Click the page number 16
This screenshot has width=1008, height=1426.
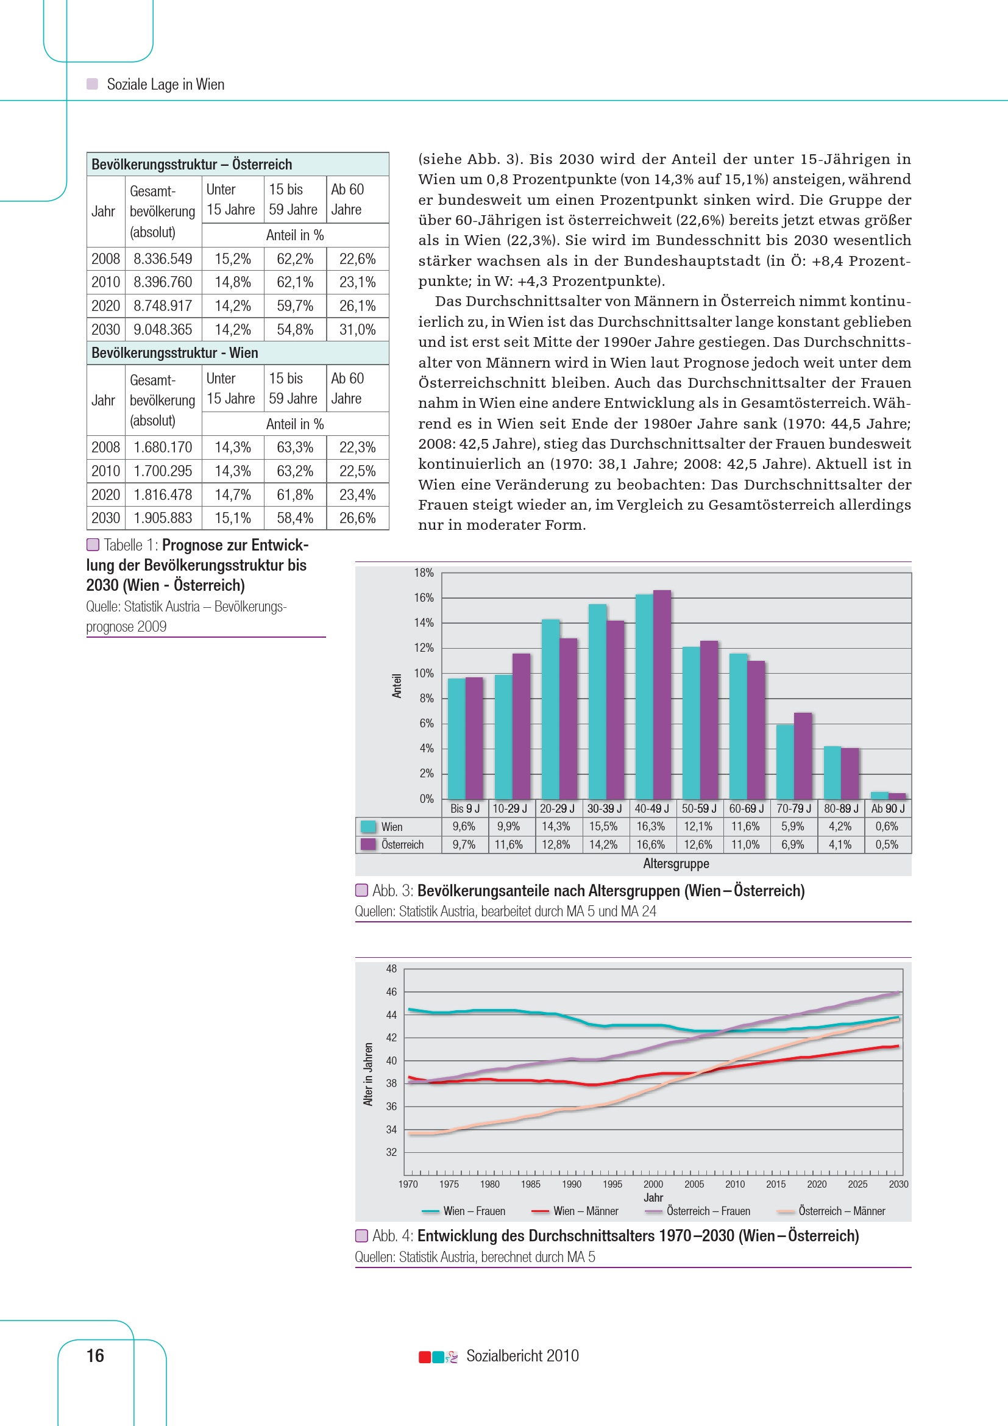pyautogui.click(x=95, y=1355)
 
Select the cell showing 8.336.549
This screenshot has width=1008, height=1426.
pyautogui.click(x=163, y=259)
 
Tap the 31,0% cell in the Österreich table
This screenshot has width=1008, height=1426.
pyautogui.click(x=357, y=329)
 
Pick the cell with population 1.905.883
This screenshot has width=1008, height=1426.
pyautogui.click(x=163, y=518)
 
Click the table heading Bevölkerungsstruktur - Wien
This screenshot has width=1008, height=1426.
pyautogui.click(x=174, y=353)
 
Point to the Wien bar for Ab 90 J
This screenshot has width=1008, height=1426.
pyautogui.click(x=879, y=795)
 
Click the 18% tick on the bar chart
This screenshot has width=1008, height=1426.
pyautogui.click(x=424, y=572)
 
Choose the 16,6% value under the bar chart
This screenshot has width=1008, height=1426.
pyautogui.click(x=650, y=844)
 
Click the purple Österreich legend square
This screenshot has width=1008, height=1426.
pyautogui.click(x=368, y=844)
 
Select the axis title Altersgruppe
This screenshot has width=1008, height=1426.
pyautogui.click(x=675, y=863)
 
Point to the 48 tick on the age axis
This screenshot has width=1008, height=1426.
pyautogui.click(x=391, y=968)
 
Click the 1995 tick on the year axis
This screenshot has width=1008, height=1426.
pyautogui.click(x=612, y=1184)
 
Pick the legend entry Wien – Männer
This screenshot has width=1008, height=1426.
pyautogui.click(x=585, y=1211)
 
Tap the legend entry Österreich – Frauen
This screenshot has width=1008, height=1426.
pyautogui.click(x=708, y=1211)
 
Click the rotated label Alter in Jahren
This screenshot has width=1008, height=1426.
pyautogui.click(x=368, y=1074)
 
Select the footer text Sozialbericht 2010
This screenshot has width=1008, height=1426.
pyautogui.click(x=522, y=1355)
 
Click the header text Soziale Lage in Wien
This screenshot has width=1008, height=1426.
pyautogui.click(x=165, y=85)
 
